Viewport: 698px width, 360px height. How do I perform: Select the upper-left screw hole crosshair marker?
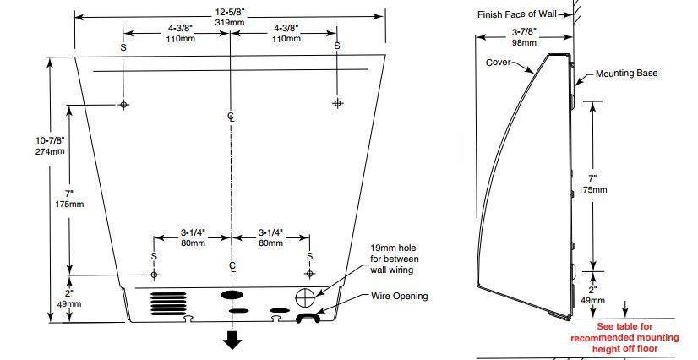123,105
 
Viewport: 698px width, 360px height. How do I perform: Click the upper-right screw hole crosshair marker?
337,103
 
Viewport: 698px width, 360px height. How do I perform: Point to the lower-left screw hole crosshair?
154,275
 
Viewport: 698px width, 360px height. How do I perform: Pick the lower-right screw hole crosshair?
310,274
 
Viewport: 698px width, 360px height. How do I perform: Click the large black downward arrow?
232,340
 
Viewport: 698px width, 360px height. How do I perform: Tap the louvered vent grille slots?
168,303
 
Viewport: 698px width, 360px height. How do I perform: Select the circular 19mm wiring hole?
304,297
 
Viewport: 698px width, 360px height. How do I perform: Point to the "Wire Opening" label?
400,296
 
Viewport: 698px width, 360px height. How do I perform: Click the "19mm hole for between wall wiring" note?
395,259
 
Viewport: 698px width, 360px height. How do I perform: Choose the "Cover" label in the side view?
498,63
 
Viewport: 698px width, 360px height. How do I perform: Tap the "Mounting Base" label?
626,74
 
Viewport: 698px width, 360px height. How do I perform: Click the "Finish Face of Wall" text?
517,14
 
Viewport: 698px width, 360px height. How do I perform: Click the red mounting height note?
624,338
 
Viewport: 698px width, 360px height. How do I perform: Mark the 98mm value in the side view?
524,43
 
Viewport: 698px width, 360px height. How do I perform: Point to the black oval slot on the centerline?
232,295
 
